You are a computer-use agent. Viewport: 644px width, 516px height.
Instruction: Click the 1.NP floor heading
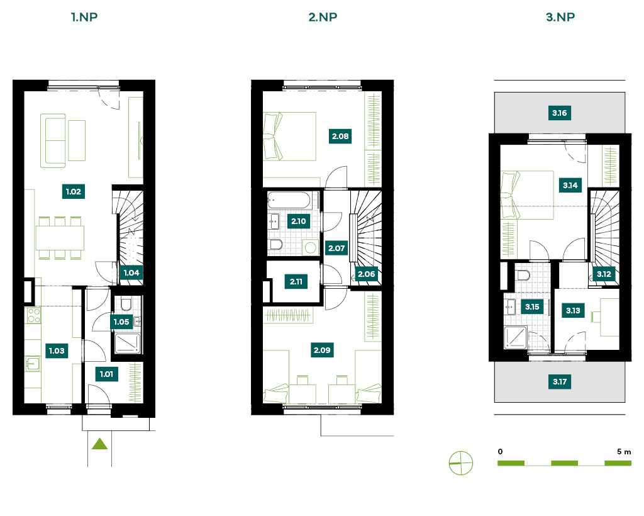point(84,17)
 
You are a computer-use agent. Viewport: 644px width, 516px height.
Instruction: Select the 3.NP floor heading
point(560,17)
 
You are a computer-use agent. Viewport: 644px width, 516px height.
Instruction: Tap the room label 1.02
point(74,191)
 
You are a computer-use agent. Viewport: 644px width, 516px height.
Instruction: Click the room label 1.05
point(121,322)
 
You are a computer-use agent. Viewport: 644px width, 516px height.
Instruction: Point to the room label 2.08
point(340,137)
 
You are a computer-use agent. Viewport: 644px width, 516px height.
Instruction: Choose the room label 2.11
point(296,282)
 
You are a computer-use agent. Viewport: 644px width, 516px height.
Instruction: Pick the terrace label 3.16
point(559,113)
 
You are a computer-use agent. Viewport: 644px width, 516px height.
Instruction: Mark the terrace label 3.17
point(559,382)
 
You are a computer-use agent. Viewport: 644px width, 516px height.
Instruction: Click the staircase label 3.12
point(604,274)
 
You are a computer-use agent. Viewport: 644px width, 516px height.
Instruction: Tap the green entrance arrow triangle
point(100,444)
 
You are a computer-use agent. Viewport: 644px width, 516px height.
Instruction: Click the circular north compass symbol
point(461,463)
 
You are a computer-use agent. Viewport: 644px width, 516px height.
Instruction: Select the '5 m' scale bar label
point(624,452)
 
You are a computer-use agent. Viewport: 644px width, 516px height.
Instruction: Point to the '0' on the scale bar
point(500,452)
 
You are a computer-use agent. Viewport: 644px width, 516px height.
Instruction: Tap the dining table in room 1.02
point(60,238)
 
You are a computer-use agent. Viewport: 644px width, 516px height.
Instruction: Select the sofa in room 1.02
point(53,140)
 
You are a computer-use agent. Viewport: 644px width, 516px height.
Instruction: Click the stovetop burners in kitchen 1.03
point(34,316)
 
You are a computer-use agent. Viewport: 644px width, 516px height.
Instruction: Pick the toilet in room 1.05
point(126,305)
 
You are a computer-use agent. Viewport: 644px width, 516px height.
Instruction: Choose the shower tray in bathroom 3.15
point(516,337)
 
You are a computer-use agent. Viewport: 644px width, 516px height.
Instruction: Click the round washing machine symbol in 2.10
point(311,248)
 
